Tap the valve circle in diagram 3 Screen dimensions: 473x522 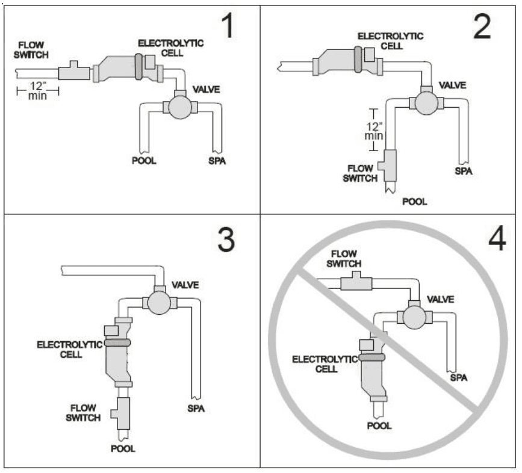(159, 301)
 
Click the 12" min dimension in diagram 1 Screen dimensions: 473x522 (37, 92)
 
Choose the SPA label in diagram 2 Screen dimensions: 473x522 (462, 172)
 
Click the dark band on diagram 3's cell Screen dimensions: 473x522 (118, 342)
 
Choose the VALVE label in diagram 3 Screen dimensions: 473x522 (187, 285)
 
